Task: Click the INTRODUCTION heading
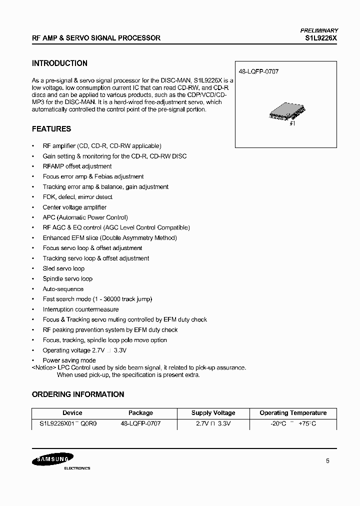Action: click(x=59, y=63)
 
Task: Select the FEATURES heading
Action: click(x=51, y=129)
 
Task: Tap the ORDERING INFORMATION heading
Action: click(x=78, y=394)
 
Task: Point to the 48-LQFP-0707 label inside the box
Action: click(x=258, y=71)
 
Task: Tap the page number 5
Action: click(x=327, y=461)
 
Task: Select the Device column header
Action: click(x=72, y=413)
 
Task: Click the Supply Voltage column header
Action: click(x=213, y=413)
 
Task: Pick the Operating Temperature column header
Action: click(x=293, y=413)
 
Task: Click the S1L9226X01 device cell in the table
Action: click(x=67, y=423)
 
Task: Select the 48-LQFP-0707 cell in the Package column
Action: click(x=140, y=423)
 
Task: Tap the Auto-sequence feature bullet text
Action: click(x=63, y=289)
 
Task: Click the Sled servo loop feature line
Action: click(x=63, y=268)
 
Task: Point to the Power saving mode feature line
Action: click(x=69, y=360)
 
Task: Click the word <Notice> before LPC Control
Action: click(x=43, y=367)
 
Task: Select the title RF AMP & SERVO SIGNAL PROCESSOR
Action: click(x=96, y=38)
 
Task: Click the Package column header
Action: click(x=140, y=413)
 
